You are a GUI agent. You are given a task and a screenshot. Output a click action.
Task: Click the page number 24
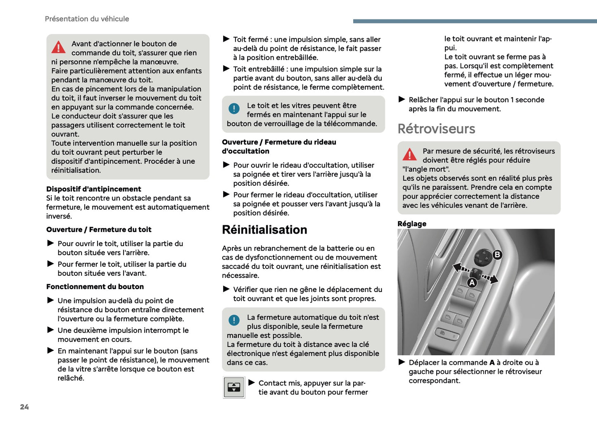[24, 407]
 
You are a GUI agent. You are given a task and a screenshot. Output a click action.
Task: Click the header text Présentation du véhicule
[87, 19]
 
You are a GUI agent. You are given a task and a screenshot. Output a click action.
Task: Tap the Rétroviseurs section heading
[436, 129]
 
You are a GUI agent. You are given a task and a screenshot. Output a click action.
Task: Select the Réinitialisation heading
[264, 230]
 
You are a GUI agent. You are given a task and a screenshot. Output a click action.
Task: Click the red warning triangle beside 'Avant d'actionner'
[59, 47]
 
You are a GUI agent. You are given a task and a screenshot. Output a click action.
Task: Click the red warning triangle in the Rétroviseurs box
[409, 154]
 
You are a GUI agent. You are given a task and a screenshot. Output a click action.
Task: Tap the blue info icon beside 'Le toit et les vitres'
[234, 108]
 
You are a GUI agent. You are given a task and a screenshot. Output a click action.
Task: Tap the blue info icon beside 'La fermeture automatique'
[234, 320]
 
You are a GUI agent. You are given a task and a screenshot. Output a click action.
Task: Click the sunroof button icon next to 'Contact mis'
[234, 388]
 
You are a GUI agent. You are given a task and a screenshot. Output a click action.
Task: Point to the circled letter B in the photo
[497, 255]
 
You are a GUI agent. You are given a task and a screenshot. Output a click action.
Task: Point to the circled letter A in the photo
[472, 283]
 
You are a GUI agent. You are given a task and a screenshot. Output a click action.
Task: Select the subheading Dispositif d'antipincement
[93, 189]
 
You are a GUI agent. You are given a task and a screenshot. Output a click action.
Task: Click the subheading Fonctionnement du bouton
[95, 287]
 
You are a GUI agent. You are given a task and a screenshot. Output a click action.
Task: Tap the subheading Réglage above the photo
[412, 224]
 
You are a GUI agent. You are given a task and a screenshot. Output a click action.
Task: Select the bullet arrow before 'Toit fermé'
[226, 39]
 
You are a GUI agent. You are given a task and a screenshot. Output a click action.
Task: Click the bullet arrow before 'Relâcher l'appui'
[402, 99]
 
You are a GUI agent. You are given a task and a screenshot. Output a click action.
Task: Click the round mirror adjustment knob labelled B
[483, 258]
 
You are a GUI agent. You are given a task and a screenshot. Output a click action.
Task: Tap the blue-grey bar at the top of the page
[475, 21]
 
